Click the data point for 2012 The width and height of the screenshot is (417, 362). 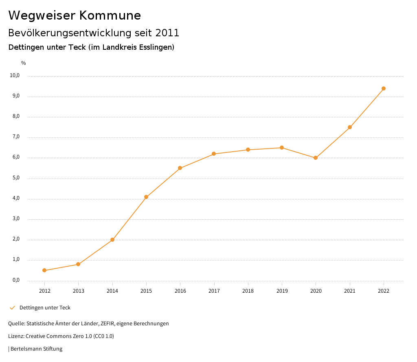pyautogui.click(x=44, y=270)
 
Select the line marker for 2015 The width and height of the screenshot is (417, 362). pyautogui.click(x=146, y=197)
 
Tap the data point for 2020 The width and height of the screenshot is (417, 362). pyautogui.click(x=316, y=158)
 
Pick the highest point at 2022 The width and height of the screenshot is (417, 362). pyautogui.click(x=384, y=88)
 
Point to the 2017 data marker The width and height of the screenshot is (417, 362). pyautogui.click(x=214, y=154)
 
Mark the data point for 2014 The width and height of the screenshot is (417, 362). pyautogui.click(x=112, y=240)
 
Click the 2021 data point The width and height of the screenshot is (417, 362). pyautogui.click(x=350, y=127)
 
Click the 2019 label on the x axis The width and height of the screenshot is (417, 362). pyautogui.click(x=282, y=291)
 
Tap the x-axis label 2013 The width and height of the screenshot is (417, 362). pyautogui.click(x=78, y=291)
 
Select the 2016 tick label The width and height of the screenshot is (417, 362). pyautogui.click(x=180, y=291)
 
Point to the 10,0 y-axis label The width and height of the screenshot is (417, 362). pyautogui.click(x=15, y=75)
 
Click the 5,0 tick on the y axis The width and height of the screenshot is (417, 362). pyautogui.click(x=16, y=178)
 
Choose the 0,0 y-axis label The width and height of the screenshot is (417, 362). pyautogui.click(x=16, y=280)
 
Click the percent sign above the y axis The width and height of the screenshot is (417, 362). pyautogui.click(x=24, y=63)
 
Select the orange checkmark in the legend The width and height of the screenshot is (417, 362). pyautogui.click(x=12, y=307)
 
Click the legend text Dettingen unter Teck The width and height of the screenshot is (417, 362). pyautogui.click(x=45, y=308)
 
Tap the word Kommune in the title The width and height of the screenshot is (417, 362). pyautogui.click(x=110, y=15)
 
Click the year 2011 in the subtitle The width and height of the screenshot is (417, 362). pyautogui.click(x=167, y=33)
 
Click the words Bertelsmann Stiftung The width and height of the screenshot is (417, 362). pyautogui.click(x=36, y=349)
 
